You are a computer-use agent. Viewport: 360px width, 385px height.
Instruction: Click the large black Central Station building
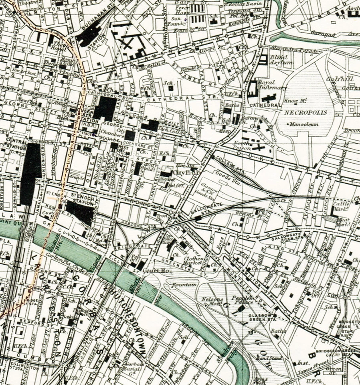(x=30, y=173)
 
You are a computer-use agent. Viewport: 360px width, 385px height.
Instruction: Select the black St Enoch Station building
(x=80, y=212)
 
